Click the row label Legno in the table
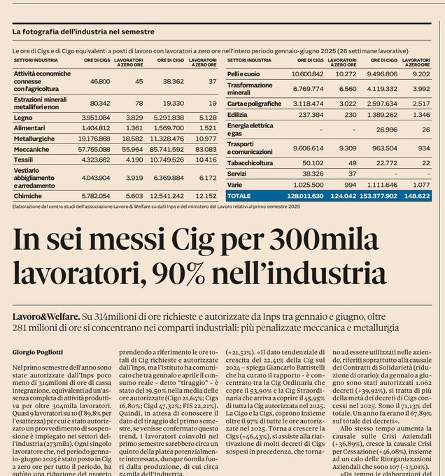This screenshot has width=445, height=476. coord(23,118)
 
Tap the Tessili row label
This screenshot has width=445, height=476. coord(24,160)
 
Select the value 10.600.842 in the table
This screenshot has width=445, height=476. coord(305,73)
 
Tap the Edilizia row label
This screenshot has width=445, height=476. coord(238,113)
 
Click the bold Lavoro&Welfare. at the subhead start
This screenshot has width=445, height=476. coord(41,318)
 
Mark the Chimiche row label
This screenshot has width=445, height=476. coord(27,197)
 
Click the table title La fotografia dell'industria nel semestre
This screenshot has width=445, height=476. coord(83,31)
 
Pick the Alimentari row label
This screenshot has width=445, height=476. coord(29,128)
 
